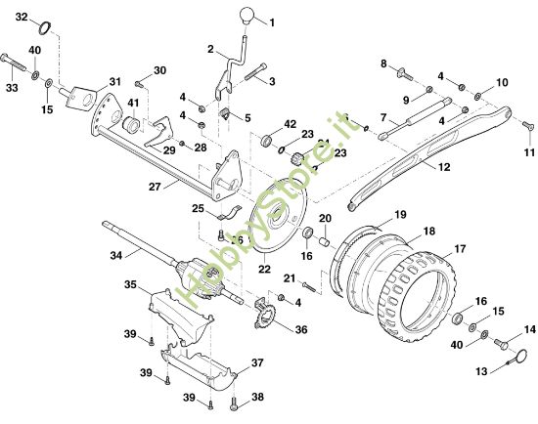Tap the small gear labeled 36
click(263, 315)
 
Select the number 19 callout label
click(400, 214)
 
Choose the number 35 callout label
click(130, 285)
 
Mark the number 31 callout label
click(114, 82)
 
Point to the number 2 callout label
click(210, 48)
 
